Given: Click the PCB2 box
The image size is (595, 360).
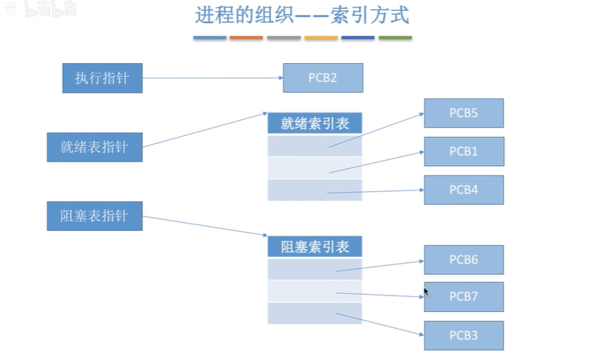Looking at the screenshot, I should [323, 78].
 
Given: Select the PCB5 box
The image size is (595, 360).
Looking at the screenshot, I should [464, 113].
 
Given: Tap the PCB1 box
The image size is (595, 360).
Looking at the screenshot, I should [464, 151].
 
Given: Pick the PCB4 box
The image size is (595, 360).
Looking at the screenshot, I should [464, 190].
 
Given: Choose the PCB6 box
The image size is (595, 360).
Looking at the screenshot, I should [464, 260].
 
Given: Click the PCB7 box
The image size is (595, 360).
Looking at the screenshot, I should [464, 296].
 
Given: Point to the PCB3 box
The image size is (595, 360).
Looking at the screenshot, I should [464, 336].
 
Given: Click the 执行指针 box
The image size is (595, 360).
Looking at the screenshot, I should [102, 78].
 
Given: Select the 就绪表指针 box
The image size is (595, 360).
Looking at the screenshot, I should [94, 147].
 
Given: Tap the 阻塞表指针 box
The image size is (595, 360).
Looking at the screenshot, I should [94, 216].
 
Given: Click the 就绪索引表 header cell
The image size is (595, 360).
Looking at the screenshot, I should [315, 124].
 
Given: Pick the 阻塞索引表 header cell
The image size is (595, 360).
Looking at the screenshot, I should [315, 247].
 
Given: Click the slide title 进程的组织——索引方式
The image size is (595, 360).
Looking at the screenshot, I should [302, 16].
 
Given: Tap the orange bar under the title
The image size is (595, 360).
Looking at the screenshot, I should [247, 37].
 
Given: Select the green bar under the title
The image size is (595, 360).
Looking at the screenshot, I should [395, 37].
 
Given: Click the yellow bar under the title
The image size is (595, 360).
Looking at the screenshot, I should [321, 37].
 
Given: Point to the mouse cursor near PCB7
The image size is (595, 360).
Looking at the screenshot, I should [426, 291].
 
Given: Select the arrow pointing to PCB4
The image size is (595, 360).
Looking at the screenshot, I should [374, 192].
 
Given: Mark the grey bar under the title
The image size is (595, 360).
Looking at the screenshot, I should [284, 37].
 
